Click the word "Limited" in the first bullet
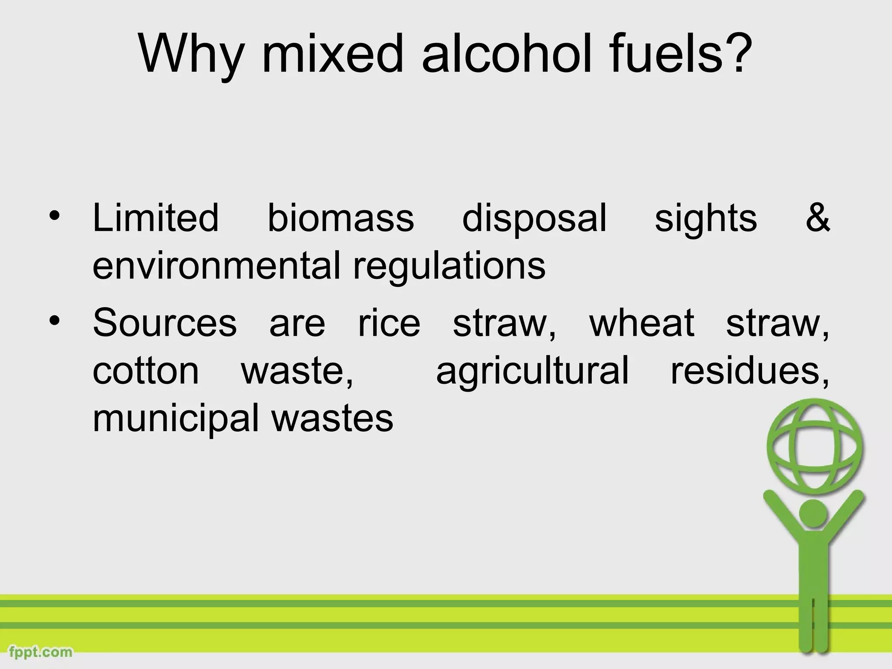(x=155, y=218)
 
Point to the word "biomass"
(x=341, y=218)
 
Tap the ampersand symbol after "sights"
(x=818, y=218)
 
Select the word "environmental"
(x=216, y=266)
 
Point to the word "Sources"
(x=165, y=323)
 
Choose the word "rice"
(x=389, y=323)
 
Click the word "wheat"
(x=642, y=323)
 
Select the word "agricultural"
(x=532, y=373)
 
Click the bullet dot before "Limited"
(x=54, y=216)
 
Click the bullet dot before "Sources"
(x=54, y=321)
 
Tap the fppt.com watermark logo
(x=41, y=652)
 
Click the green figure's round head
(x=814, y=514)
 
